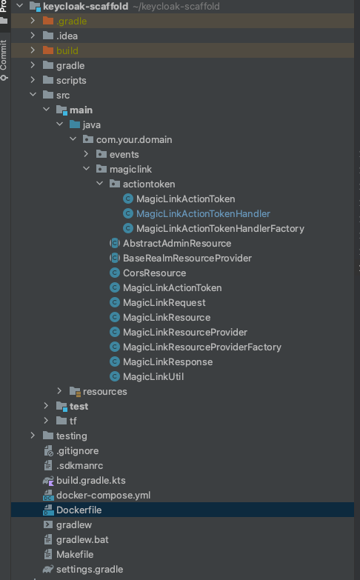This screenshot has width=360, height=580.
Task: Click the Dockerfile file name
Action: [79, 510]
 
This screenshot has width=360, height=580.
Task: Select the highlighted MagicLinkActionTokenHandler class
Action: [203, 214]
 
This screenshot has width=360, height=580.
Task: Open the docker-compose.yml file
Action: [103, 496]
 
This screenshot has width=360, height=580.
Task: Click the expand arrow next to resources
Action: [59, 391]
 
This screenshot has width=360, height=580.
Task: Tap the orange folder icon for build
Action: [48, 50]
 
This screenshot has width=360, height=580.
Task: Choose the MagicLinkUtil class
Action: [153, 376]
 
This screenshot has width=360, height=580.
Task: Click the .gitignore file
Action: [77, 451]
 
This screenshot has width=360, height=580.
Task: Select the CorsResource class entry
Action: [154, 273]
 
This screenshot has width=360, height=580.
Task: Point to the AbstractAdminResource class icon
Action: [115, 244]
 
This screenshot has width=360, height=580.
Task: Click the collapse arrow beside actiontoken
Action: [99, 184]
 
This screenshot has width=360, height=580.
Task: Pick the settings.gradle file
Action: [90, 570]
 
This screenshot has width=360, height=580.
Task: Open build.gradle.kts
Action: [90, 481]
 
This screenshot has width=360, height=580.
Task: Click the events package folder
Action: [101, 154]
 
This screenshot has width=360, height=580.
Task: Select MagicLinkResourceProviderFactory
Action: [202, 347]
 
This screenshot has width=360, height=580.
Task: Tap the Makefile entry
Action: [75, 555]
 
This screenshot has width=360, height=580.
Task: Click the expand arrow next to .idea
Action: [33, 36]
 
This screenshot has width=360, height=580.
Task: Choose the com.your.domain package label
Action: [134, 140]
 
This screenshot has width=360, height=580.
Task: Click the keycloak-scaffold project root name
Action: [85, 6]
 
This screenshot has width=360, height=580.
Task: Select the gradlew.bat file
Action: [82, 540]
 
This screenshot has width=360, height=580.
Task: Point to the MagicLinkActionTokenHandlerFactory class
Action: [220, 229]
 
